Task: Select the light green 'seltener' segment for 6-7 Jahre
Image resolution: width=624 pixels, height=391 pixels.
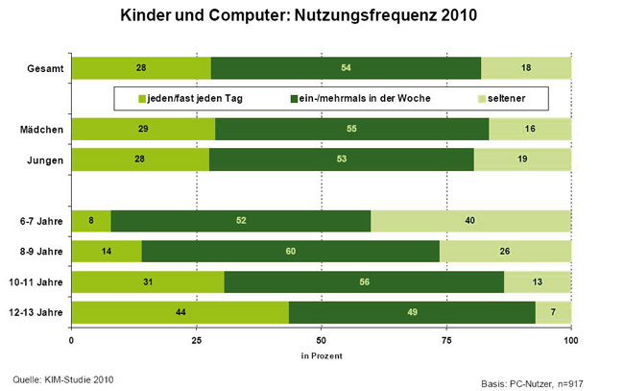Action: (470, 220)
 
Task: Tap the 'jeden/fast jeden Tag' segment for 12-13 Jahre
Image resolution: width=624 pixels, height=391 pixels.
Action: (180, 313)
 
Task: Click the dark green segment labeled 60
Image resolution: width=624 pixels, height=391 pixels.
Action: (290, 251)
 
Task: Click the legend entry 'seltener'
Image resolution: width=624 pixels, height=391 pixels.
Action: (510, 98)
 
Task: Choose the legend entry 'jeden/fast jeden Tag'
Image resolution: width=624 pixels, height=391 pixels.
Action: (189, 98)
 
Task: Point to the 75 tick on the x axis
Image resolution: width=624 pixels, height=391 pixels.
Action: (446, 340)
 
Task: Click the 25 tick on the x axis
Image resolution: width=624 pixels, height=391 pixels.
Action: (196, 340)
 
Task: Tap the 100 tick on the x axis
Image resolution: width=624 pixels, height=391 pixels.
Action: (571, 340)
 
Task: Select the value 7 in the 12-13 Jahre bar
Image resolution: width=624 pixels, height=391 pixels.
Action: (554, 313)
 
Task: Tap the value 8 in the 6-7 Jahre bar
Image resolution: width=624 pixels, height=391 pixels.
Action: (91, 220)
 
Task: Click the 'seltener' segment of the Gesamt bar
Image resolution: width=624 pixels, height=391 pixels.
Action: (526, 67)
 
